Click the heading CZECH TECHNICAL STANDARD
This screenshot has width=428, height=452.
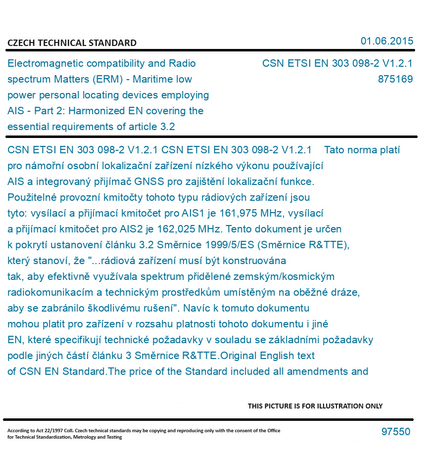[72, 43]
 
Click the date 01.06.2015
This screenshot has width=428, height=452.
[387, 41]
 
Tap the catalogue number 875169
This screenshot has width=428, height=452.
[395, 79]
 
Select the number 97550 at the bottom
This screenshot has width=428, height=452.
[396, 432]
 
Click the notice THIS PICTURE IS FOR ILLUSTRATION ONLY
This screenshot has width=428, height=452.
[315, 406]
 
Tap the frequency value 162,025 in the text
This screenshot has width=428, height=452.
[174, 229]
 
